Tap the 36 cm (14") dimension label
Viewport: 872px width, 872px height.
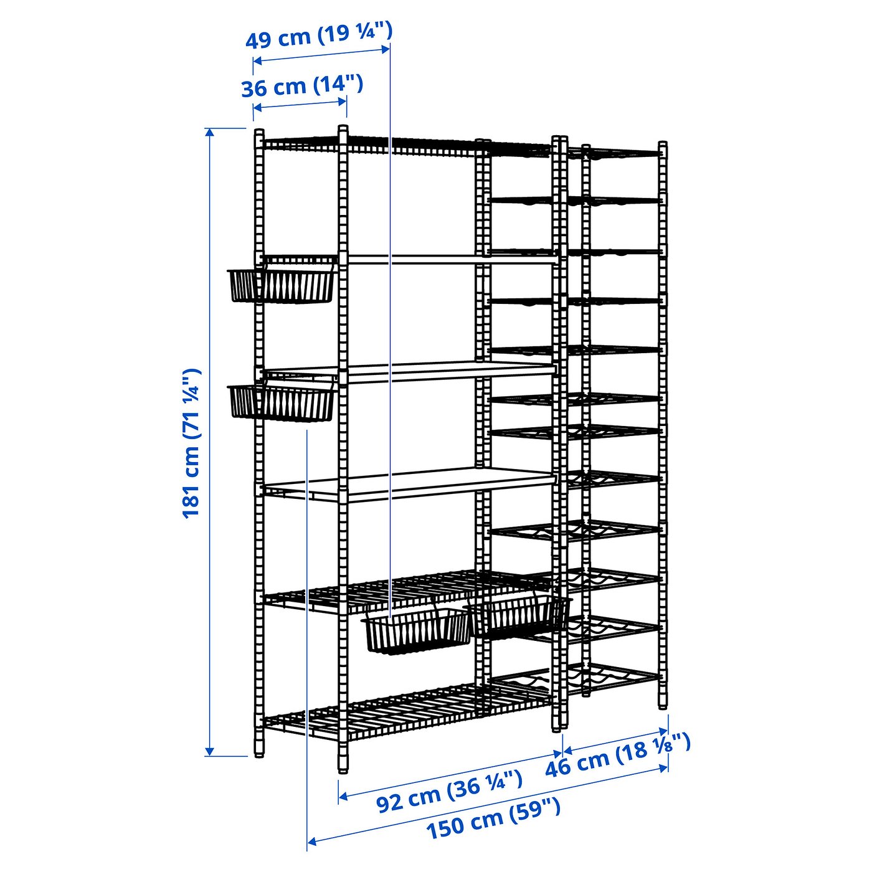point(302,86)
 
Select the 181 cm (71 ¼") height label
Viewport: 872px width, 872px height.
point(191,443)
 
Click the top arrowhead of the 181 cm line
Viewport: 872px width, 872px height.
point(209,132)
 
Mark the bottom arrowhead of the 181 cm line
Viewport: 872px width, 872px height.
point(209,752)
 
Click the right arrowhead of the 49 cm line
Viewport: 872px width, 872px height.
point(385,49)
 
